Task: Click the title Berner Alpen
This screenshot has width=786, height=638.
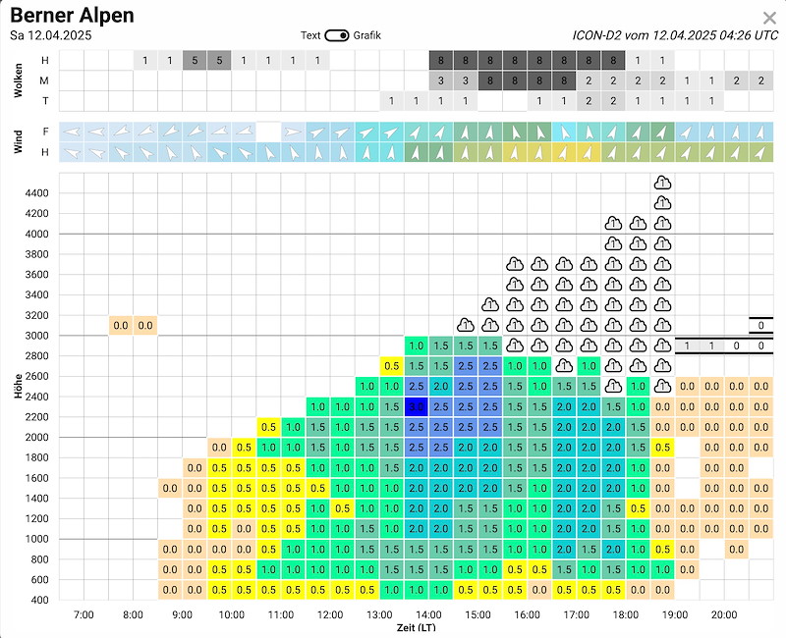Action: [x=72, y=16]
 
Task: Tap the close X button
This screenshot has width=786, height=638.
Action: [x=769, y=18]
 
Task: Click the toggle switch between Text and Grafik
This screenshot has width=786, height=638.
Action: [x=337, y=35]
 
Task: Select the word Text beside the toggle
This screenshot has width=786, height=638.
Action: [x=310, y=35]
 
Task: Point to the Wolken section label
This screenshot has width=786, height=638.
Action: [x=19, y=80]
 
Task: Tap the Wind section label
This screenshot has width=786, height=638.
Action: [x=19, y=141]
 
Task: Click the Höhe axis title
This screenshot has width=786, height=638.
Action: [x=19, y=387]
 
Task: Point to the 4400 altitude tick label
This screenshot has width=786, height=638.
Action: [x=36, y=193]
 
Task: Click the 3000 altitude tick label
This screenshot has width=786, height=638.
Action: [x=36, y=336]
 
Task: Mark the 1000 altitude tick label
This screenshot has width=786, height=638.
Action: [x=36, y=539]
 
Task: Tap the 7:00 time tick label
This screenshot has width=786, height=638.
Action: [x=84, y=614]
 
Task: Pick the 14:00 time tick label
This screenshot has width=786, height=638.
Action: [x=427, y=614]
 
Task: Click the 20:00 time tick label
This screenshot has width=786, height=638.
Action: [x=723, y=614]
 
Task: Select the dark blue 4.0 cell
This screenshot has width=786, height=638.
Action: [x=416, y=406]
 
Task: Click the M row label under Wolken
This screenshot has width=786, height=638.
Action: [x=44, y=80]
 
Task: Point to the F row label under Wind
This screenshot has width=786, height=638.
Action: [x=44, y=131]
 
